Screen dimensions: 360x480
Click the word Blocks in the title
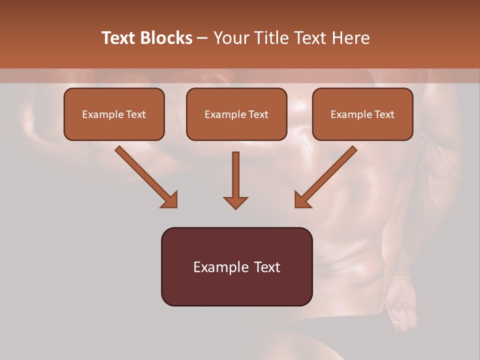click(166, 38)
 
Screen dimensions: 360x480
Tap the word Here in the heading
click(349, 38)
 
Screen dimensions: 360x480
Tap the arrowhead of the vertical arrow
click(235, 202)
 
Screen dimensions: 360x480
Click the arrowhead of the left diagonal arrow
click(170, 200)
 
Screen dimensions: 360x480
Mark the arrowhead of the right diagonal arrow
click(302, 200)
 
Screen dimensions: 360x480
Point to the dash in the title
click(202, 38)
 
